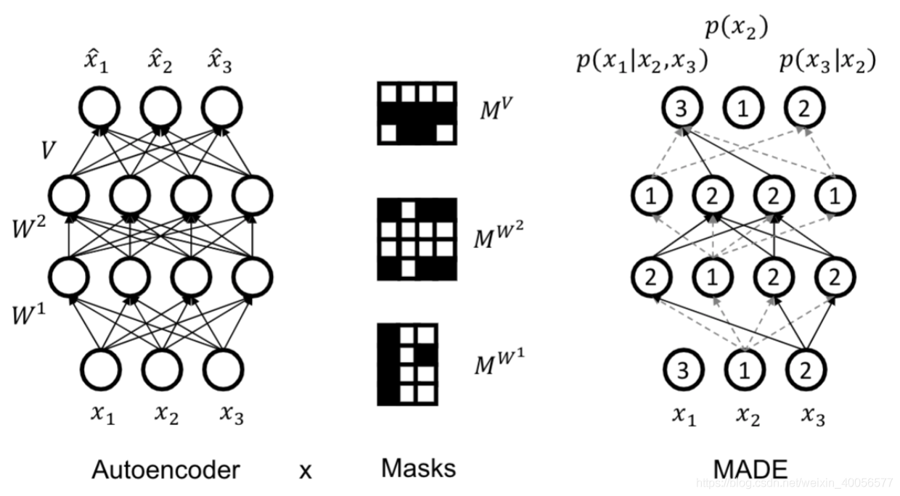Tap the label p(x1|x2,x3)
(641, 62)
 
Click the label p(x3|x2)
(827, 62)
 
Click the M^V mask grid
(417, 112)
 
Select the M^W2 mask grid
(417, 239)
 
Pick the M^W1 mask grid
(407, 364)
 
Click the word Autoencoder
(165, 470)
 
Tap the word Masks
(419, 468)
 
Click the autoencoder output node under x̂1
(99, 110)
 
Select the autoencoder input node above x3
(221, 369)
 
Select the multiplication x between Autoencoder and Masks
(306, 471)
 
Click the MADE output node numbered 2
(802, 110)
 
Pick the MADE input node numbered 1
(742, 369)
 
